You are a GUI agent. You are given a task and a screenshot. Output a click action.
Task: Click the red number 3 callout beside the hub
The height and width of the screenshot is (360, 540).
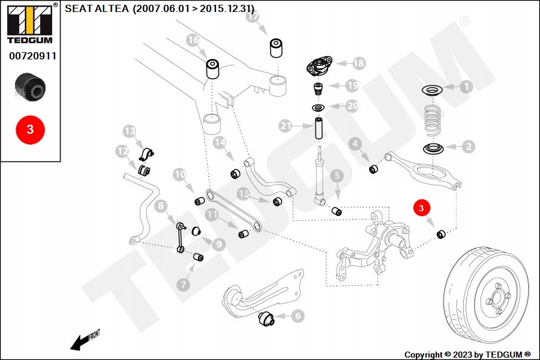421,208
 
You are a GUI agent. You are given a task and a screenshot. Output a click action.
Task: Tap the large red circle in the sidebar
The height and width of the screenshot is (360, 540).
31,130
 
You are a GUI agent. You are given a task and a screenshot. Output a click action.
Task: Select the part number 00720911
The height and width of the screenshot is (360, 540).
33,56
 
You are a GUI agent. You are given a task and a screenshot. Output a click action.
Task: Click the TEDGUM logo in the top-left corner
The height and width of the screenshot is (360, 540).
30,24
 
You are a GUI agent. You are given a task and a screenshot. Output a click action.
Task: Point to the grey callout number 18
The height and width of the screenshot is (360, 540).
358,63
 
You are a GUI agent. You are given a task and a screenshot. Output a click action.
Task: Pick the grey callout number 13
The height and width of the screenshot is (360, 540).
130,131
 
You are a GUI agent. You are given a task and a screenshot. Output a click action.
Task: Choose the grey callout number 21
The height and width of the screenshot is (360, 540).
286,126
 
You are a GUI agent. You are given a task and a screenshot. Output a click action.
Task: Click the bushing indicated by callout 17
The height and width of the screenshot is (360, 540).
276,48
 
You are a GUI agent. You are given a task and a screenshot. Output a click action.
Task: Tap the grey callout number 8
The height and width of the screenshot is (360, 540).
161,206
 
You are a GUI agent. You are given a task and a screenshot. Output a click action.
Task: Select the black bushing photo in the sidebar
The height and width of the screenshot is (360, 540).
30,87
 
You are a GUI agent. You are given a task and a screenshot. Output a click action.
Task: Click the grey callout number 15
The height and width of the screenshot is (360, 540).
244,194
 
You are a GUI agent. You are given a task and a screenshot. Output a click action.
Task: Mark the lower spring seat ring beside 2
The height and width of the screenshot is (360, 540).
433,149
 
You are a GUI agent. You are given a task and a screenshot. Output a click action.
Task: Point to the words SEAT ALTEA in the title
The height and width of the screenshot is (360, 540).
97,8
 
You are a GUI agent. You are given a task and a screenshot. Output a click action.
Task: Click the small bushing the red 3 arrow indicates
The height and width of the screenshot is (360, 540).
441,234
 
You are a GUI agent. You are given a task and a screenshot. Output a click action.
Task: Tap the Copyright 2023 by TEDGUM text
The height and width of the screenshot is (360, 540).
467,355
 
